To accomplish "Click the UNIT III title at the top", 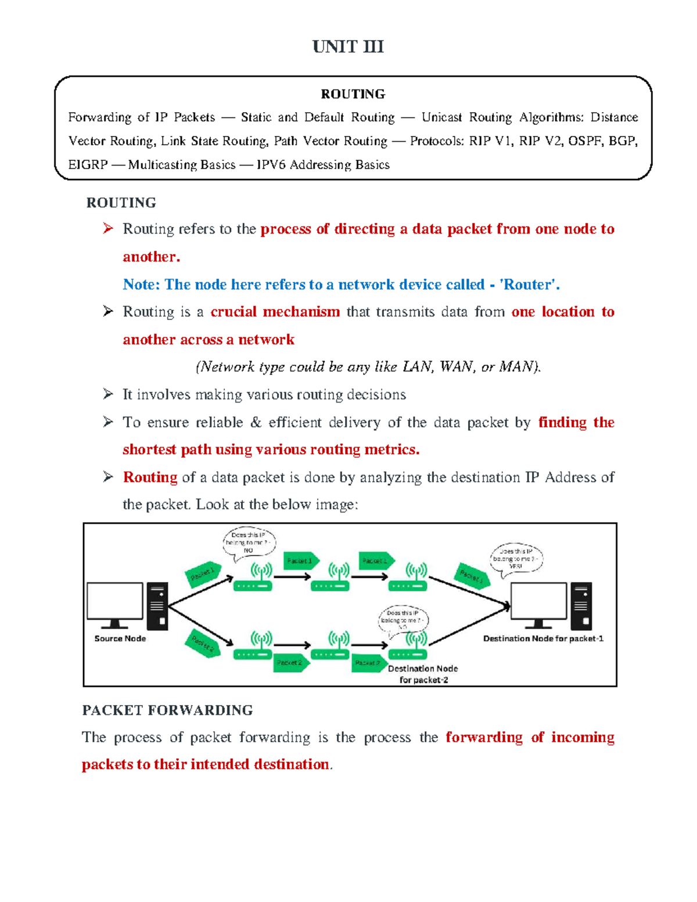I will tap(348, 46).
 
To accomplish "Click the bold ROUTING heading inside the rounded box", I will tap(353, 94).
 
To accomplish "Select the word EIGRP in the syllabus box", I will tap(88, 165).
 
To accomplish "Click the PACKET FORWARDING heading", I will tap(167, 710).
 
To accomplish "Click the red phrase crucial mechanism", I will tap(275, 312).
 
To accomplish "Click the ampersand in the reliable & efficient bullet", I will tap(256, 422).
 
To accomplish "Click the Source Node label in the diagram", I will tap(120, 638).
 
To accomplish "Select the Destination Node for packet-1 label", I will tap(543, 638).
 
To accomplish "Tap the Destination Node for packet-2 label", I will tap(423, 674).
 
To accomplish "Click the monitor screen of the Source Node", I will tap(115, 602).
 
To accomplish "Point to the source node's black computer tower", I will tap(157, 606).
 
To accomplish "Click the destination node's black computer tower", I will tap(581, 606).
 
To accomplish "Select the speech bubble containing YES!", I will tap(516, 559).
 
